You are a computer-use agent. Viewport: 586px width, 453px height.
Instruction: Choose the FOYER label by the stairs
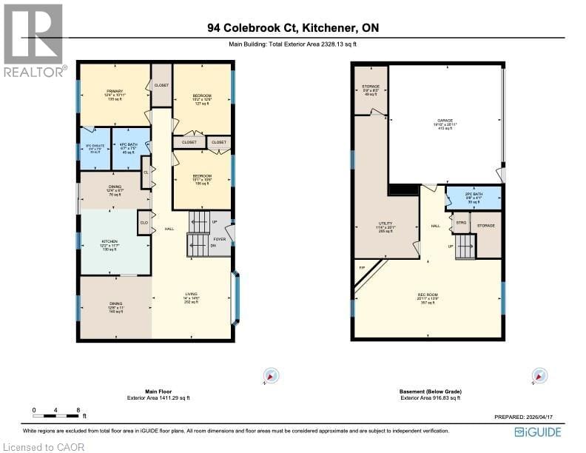click(x=220, y=239)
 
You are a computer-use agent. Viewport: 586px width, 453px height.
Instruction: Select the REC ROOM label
click(x=427, y=298)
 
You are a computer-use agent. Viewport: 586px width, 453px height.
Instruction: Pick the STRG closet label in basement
click(x=460, y=221)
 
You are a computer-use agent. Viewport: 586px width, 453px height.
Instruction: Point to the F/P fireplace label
click(x=362, y=267)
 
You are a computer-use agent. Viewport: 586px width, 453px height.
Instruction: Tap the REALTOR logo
click(x=33, y=40)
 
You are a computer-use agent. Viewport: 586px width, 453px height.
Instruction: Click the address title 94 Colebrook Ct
click(x=293, y=29)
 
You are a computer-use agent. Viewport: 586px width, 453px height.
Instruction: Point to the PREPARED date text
click(x=528, y=417)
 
